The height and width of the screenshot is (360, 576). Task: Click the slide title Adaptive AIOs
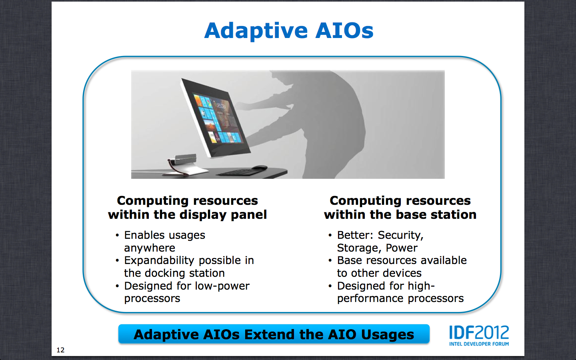[x=288, y=31]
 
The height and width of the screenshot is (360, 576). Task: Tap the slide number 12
[x=60, y=350]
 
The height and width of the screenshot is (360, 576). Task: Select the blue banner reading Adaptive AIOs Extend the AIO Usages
[x=274, y=334]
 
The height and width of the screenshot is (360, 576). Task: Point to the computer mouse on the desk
[x=259, y=168]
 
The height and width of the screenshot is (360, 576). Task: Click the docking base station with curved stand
[x=186, y=164]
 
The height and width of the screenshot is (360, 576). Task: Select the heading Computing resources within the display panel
[x=187, y=207]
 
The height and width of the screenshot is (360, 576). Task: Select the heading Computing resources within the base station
[x=400, y=207]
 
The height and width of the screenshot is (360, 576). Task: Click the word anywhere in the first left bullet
[x=150, y=248]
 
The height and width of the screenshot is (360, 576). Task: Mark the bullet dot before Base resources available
[x=330, y=261]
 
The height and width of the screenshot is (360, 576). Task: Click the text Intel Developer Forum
[x=479, y=344]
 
